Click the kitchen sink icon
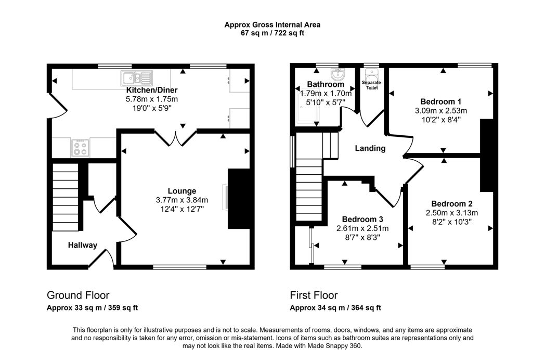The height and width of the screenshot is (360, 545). tap(136, 78)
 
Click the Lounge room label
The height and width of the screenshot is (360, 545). tap(181, 191)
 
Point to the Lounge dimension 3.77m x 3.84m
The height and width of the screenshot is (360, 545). tap(181, 200)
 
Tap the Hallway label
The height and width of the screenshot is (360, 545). tap(82, 245)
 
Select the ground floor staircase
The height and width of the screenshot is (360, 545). tap(66, 197)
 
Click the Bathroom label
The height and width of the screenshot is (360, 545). tap(325, 84)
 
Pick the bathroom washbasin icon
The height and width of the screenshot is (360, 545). tap(338, 72)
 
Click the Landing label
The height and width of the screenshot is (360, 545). tap(370, 148)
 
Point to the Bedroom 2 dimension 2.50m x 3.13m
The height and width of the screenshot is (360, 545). tap(451, 213)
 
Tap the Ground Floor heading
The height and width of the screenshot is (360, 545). tap(78, 295)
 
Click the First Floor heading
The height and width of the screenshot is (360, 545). tap(314, 295)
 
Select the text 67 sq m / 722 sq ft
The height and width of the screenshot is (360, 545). tap(272, 33)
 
